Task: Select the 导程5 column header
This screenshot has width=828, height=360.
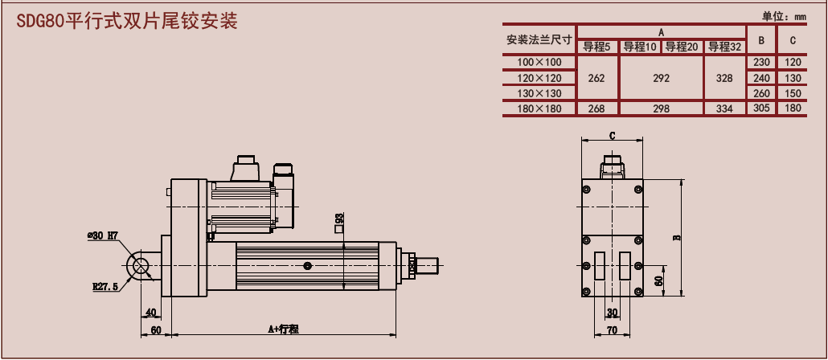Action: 597,47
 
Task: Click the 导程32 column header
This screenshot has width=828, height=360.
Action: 724,47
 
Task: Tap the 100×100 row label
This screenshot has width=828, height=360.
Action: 539,62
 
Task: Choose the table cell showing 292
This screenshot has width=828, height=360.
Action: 661,78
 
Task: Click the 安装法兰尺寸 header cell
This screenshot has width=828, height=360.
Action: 539,39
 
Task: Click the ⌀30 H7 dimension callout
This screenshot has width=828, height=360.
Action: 103,235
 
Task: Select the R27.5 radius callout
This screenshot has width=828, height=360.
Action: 105,286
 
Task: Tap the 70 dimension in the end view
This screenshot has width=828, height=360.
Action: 612,329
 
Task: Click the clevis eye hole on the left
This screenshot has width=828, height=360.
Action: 141,264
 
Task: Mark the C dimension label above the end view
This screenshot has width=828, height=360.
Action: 612,136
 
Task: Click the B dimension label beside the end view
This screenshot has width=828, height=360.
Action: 677,237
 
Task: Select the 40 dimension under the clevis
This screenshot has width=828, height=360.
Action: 150,313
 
